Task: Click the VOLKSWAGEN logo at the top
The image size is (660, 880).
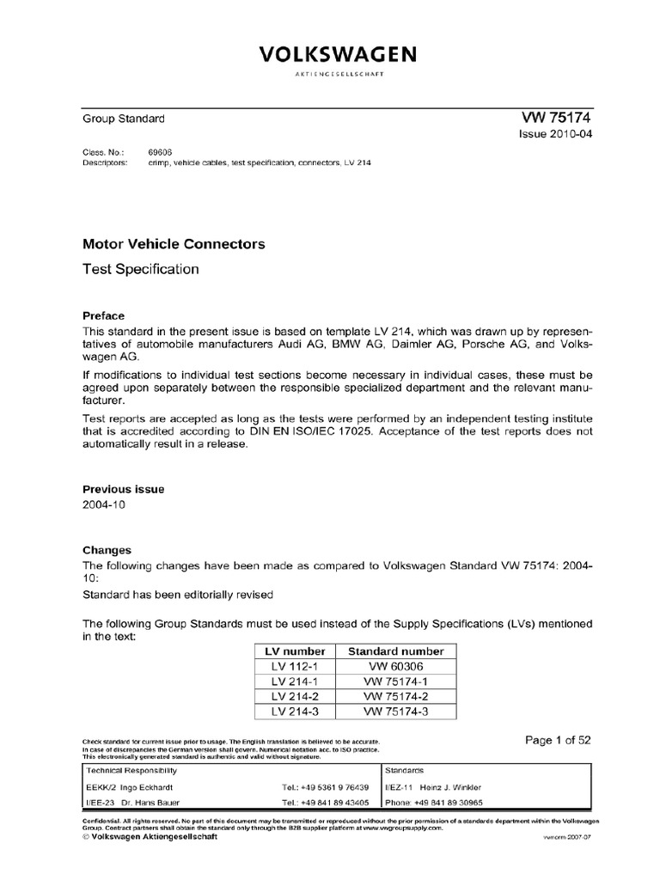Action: [339, 56]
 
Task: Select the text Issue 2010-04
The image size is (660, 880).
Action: [555, 135]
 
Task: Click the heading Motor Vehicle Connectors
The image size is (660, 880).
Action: [174, 244]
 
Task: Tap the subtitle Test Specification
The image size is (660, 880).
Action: [140, 269]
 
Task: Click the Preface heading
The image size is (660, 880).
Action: [103, 315]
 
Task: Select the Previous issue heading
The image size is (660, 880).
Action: [123, 489]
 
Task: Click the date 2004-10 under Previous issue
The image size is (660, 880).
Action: [104, 505]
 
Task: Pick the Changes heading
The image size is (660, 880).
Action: [107, 550]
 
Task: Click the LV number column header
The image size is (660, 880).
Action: [293, 651]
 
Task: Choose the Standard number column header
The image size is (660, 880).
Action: [395, 651]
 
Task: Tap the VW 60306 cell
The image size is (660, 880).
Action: [395, 667]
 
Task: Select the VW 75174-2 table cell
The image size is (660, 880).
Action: [395, 696]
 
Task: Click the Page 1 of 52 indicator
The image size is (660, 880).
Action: [557, 739]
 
